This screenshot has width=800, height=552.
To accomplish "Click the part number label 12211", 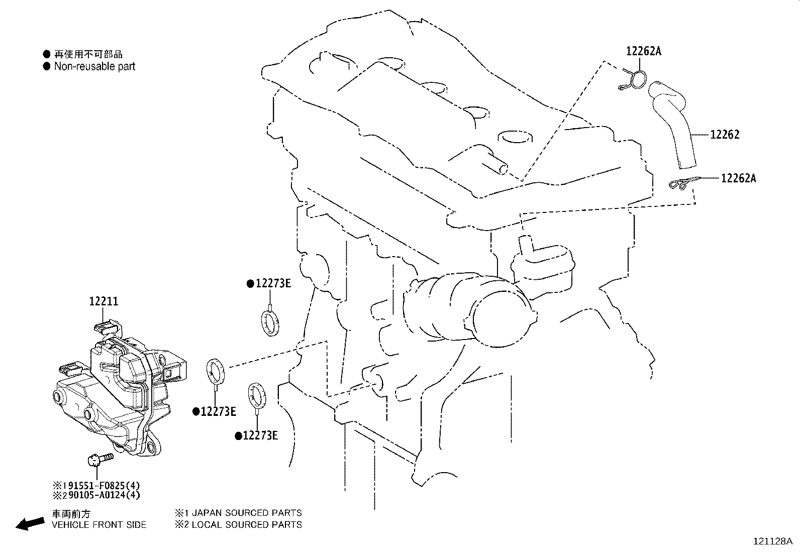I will [104, 301].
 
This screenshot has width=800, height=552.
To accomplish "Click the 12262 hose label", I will [725, 135].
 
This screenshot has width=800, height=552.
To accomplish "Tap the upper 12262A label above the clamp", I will [644, 51].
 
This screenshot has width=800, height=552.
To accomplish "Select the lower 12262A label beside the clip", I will [738, 178].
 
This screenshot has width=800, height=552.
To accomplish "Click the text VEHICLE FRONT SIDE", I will [99, 525].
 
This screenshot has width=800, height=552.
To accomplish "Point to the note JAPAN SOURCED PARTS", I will [244, 513].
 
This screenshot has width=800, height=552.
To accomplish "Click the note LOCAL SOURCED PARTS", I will [244, 525].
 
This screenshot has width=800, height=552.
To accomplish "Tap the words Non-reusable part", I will [94, 66].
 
